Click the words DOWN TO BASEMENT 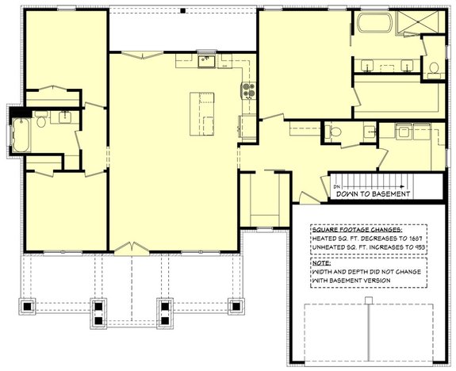[372, 193]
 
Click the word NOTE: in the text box [321, 262]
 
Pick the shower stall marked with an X [408, 23]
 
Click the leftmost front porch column [29, 306]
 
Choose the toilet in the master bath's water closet [435, 67]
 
